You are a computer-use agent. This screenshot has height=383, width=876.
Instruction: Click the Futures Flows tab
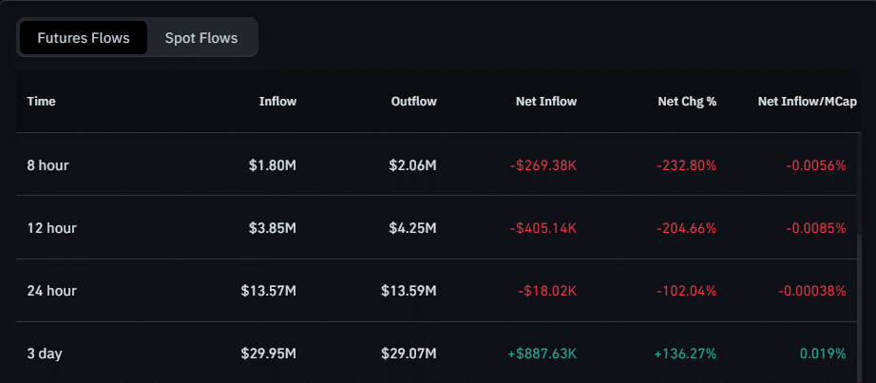pyautogui.click(x=83, y=38)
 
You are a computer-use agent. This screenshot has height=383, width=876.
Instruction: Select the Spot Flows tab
pyautogui.click(x=201, y=38)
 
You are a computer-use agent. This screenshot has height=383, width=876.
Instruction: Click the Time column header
pyautogui.click(x=41, y=101)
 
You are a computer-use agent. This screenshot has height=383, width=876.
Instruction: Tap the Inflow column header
pyautogui.click(x=277, y=101)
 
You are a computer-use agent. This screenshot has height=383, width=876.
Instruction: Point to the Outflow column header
pyautogui.click(x=413, y=101)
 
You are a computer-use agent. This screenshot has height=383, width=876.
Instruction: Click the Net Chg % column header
pyautogui.click(x=687, y=101)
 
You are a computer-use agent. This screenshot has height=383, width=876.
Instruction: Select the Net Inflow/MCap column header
pyautogui.click(x=801, y=101)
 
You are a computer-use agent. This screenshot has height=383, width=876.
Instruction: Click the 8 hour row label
pyautogui.click(x=48, y=165)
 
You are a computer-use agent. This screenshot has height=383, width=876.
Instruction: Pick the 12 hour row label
pyautogui.click(x=51, y=228)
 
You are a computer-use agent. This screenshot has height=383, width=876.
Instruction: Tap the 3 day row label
pyautogui.click(x=45, y=354)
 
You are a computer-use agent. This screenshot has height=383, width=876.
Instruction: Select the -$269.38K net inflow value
pyautogui.click(x=543, y=165)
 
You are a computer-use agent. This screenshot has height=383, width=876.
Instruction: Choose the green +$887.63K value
pyautogui.click(x=543, y=354)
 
